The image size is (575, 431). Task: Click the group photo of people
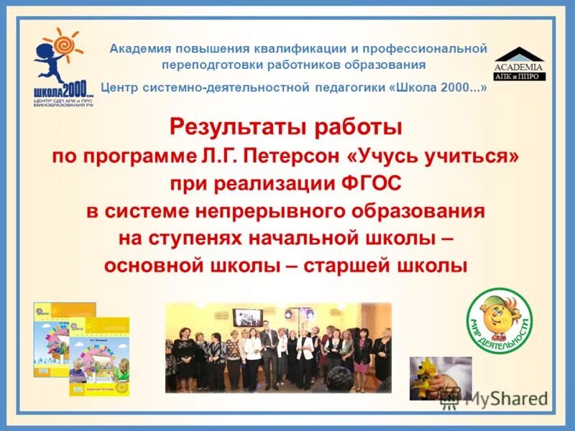click(x=278, y=346)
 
